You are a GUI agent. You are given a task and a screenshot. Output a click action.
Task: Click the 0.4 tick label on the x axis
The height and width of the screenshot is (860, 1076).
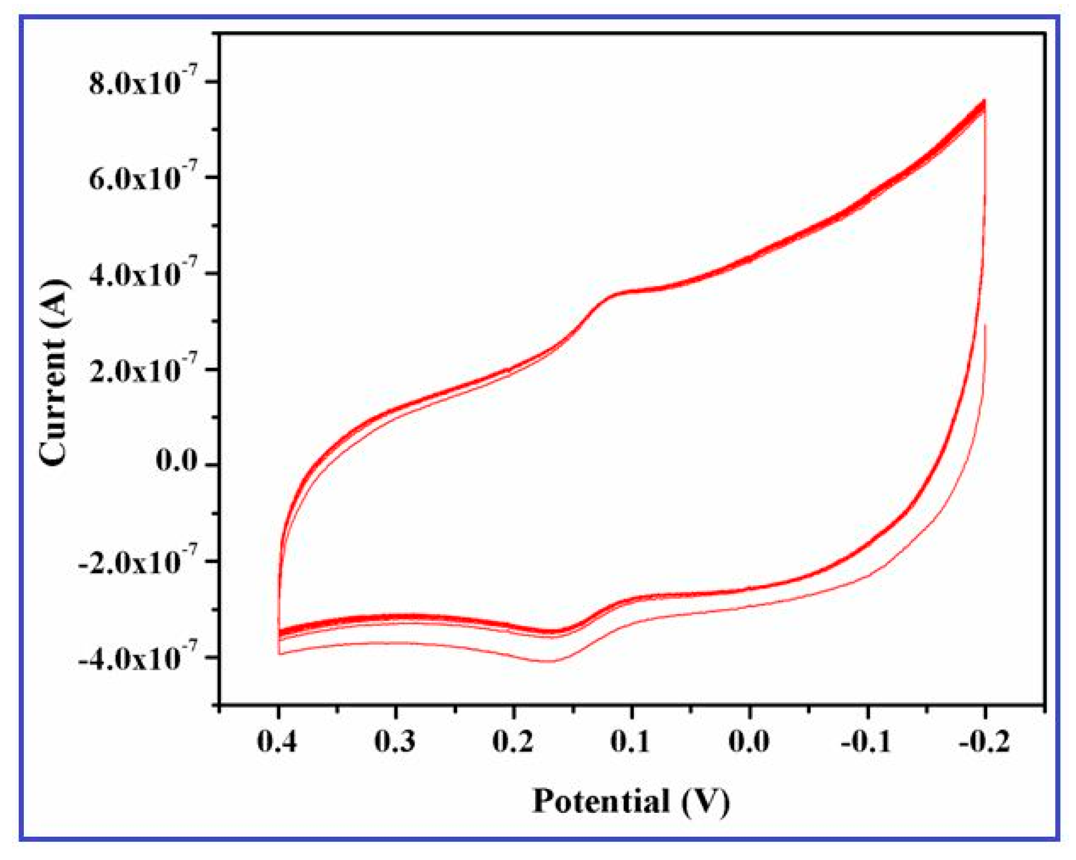point(277,742)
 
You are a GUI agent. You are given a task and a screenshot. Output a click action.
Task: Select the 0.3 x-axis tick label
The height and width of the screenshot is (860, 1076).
point(395,742)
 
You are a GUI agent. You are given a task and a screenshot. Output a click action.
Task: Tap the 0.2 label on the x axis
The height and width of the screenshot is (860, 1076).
point(513,742)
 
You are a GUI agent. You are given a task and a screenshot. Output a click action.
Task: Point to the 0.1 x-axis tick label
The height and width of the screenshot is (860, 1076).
point(631,742)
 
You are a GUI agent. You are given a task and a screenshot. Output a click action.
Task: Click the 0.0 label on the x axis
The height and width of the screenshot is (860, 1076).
point(749,742)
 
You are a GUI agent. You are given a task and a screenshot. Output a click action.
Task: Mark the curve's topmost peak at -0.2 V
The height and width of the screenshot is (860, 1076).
point(984,101)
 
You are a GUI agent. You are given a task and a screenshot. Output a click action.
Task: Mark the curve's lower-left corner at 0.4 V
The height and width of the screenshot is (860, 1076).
point(279,654)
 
